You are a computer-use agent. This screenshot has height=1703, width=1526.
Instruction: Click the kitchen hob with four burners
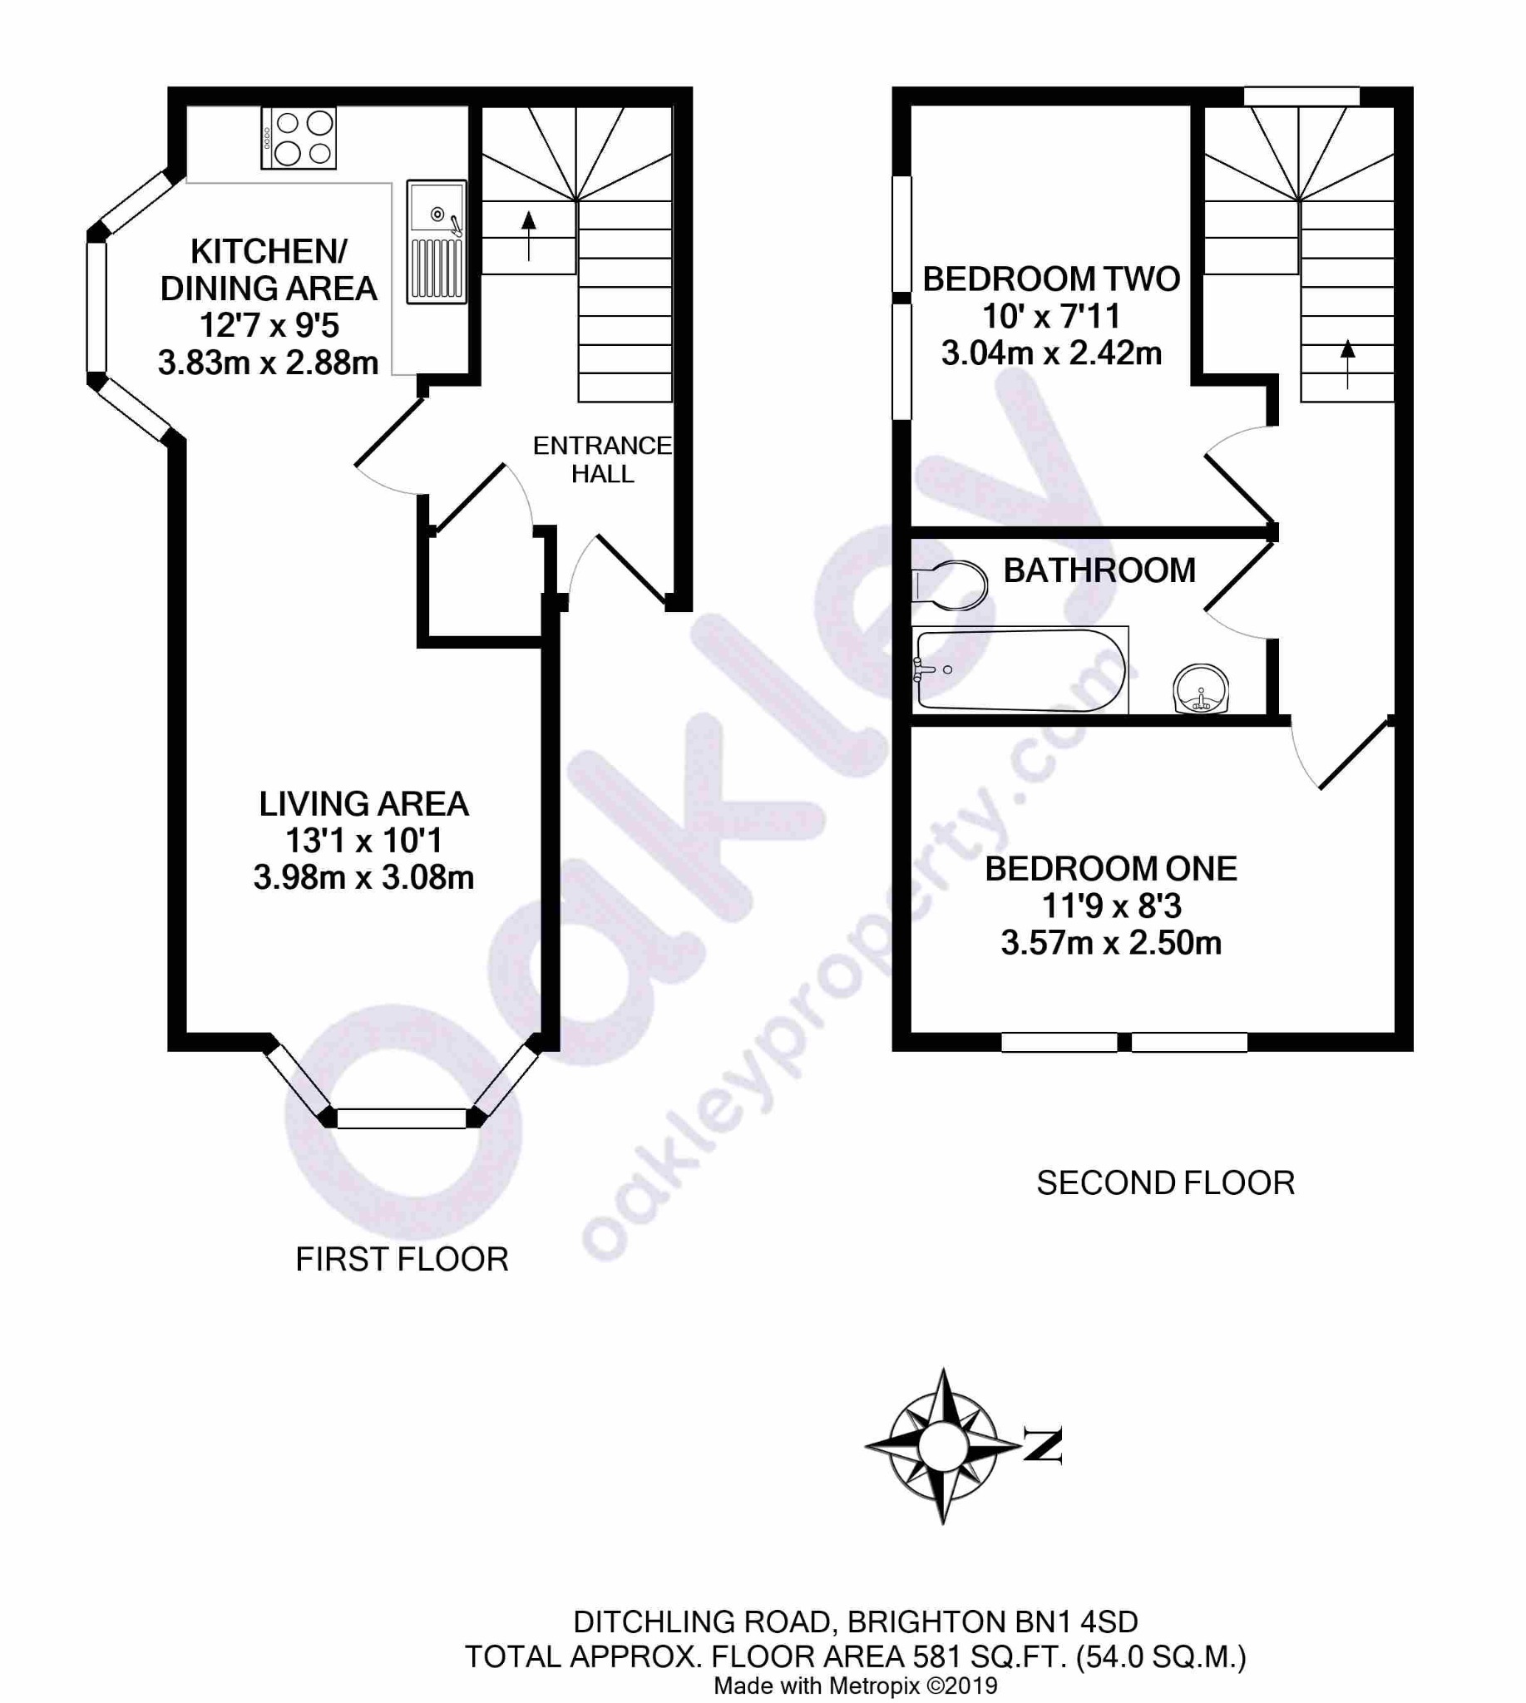click(299, 138)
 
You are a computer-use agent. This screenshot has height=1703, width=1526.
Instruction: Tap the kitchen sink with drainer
click(436, 241)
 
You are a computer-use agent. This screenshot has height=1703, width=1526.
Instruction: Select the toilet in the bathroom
click(949, 585)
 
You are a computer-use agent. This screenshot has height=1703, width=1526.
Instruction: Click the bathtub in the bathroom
click(1020, 670)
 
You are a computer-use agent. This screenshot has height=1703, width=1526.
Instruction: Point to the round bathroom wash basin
click(1201, 689)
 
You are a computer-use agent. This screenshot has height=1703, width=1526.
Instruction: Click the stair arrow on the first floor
click(528, 235)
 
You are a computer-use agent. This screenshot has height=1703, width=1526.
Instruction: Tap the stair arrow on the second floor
click(1347, 363)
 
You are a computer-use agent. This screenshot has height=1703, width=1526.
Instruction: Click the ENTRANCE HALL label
click(602, 460)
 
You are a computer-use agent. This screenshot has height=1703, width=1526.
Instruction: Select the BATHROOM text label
click(1099, 570)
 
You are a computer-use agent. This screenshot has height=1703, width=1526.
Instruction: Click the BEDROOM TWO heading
click(1051, 279)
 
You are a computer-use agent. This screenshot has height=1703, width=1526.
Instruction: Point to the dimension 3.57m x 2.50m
click(1111, 942)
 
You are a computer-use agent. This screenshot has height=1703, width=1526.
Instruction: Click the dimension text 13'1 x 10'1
click(363, 840)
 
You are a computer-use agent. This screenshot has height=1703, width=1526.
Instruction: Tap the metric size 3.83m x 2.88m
click(269, 363)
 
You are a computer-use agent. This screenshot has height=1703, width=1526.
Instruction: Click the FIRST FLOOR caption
click(402, 1259)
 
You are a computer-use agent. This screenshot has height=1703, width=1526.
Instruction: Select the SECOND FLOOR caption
click(1165, 1182)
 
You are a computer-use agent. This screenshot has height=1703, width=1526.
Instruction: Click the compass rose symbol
click(943, 1446)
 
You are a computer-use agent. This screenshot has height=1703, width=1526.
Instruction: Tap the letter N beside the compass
click(1043, 1445)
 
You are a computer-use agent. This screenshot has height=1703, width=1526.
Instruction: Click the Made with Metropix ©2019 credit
click(855, 1686)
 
